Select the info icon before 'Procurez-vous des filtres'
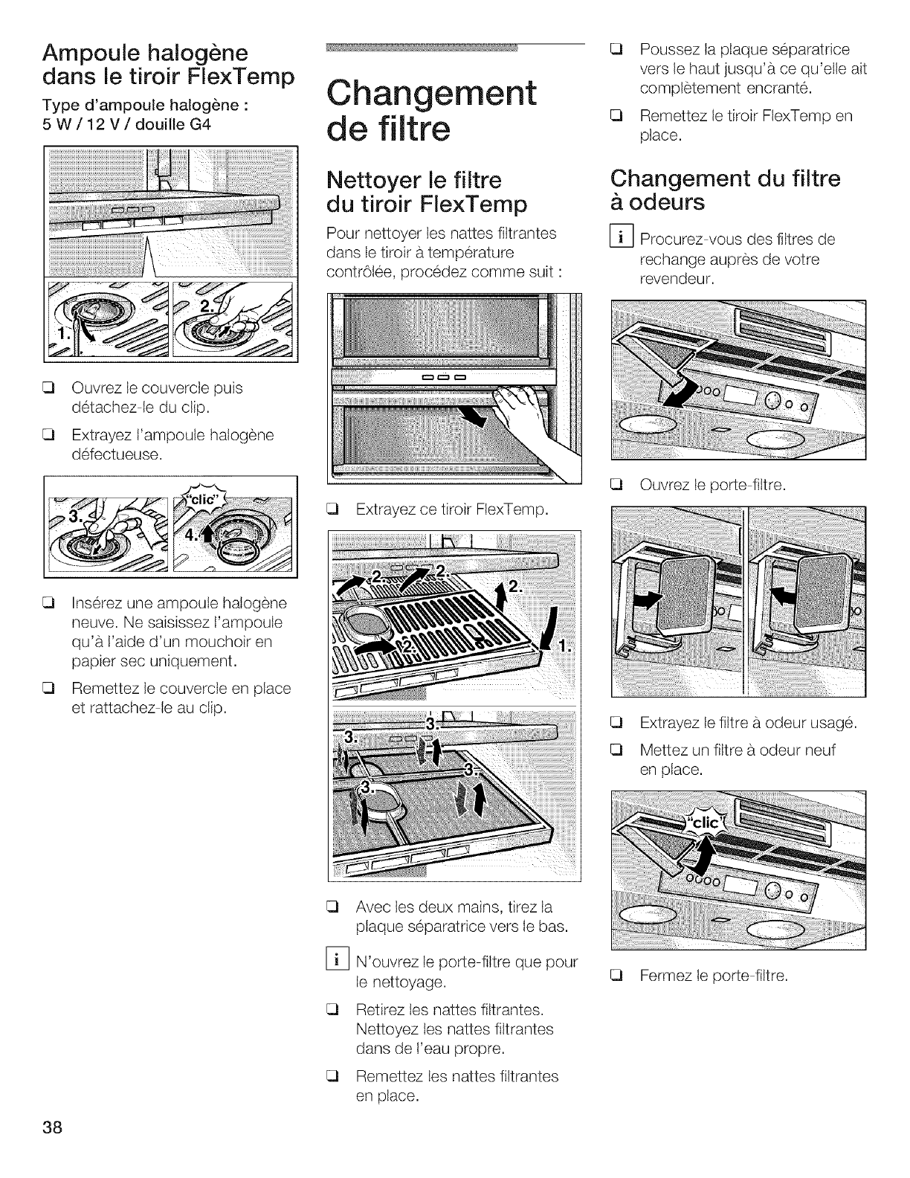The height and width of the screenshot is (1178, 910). pos(621,239)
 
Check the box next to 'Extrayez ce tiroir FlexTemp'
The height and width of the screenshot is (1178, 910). pos(332,509)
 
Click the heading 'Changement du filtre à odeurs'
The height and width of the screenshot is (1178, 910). pos(725,190)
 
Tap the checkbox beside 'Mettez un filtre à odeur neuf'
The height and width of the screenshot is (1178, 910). pos(616,750)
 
